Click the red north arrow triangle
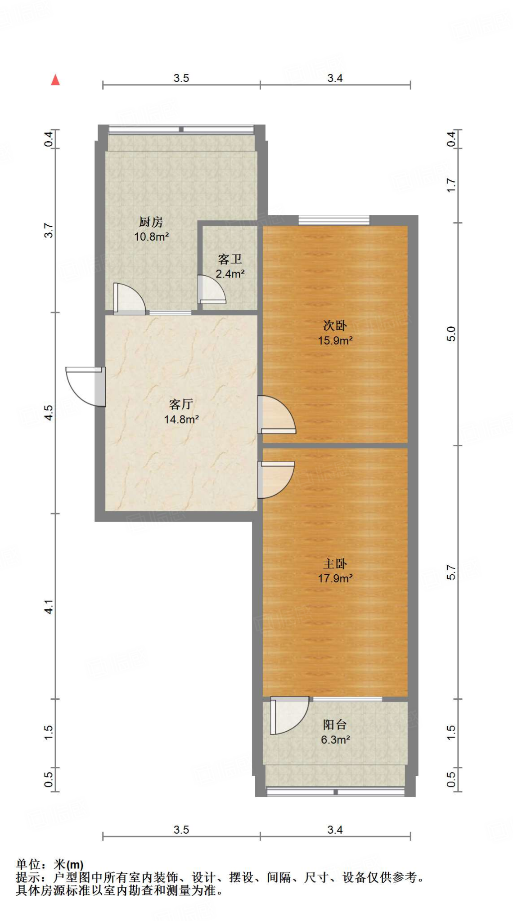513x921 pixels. coord(55,80)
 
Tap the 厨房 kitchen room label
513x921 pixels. coord(151,222)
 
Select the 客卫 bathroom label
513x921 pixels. coord(230,259)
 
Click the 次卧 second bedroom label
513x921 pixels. coord(335,326)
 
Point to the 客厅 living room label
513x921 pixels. coord(181,404)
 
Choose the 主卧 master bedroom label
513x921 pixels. coord(335,563)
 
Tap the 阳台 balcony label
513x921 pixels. coord(335,724)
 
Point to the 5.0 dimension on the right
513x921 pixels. coord(451,334)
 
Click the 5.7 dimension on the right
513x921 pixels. coord(451,572)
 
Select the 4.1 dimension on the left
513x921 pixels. coord(49,606)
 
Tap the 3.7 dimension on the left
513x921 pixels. coord(49,230)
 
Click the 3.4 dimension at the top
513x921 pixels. coord(335,78)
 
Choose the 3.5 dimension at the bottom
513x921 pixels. coord(181,830)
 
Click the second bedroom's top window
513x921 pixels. coord(334,220)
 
